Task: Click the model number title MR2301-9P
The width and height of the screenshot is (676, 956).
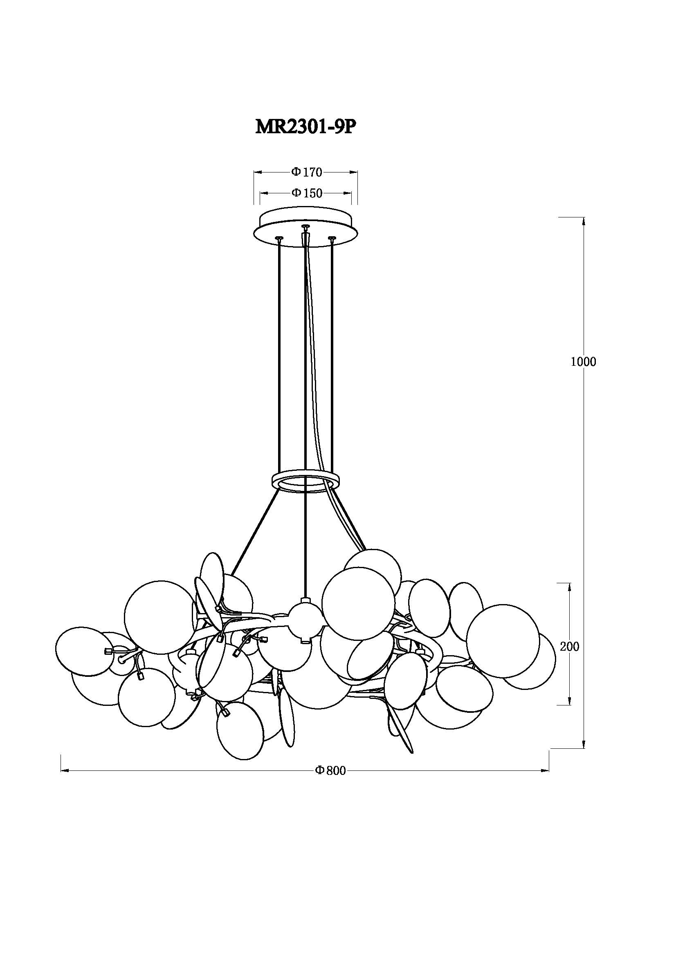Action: coord(306,127)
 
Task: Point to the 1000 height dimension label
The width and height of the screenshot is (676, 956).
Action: coord(583,362)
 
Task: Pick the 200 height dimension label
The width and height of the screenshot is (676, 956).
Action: coord(569,647)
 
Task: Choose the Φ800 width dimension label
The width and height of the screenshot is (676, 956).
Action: coord(330,771)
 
